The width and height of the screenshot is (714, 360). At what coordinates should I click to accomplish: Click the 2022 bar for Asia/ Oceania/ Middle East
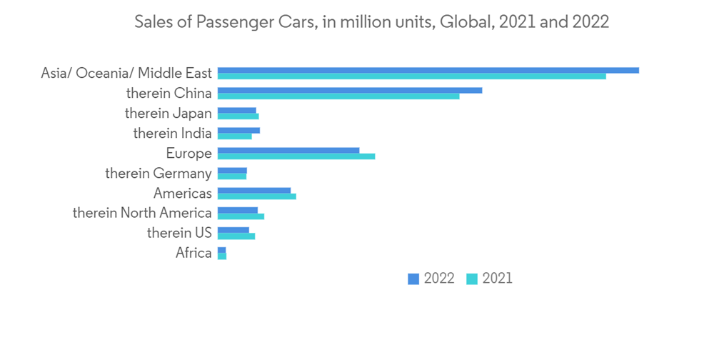[428, 70]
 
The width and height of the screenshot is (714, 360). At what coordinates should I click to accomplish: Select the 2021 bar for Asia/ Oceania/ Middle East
[412, 76]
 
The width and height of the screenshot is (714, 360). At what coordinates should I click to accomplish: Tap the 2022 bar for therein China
[350, 90]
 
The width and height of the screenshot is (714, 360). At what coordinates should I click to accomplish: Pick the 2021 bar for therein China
[338, 96]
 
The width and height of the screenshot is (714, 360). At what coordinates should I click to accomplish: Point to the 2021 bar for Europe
[296, 156]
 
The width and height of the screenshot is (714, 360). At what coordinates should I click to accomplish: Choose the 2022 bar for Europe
[288, 150]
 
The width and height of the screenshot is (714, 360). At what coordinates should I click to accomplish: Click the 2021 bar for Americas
[257, 196]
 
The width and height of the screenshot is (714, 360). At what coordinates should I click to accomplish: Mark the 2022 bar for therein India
[238, 130]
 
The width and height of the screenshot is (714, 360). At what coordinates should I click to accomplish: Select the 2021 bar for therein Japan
[238, 116]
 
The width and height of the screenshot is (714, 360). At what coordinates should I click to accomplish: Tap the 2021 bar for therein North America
[241, 216]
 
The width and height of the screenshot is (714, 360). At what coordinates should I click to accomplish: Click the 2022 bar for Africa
[221, 250]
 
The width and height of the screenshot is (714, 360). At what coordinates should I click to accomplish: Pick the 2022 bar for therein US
[233, 230]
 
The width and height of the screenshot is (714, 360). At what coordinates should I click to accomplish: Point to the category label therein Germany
[158, 174]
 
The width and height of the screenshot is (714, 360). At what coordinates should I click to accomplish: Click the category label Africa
[193, 253]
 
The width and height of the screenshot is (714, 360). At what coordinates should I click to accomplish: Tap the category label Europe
[188, 154]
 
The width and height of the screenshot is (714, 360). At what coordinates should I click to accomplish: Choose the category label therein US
[179, 233]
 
